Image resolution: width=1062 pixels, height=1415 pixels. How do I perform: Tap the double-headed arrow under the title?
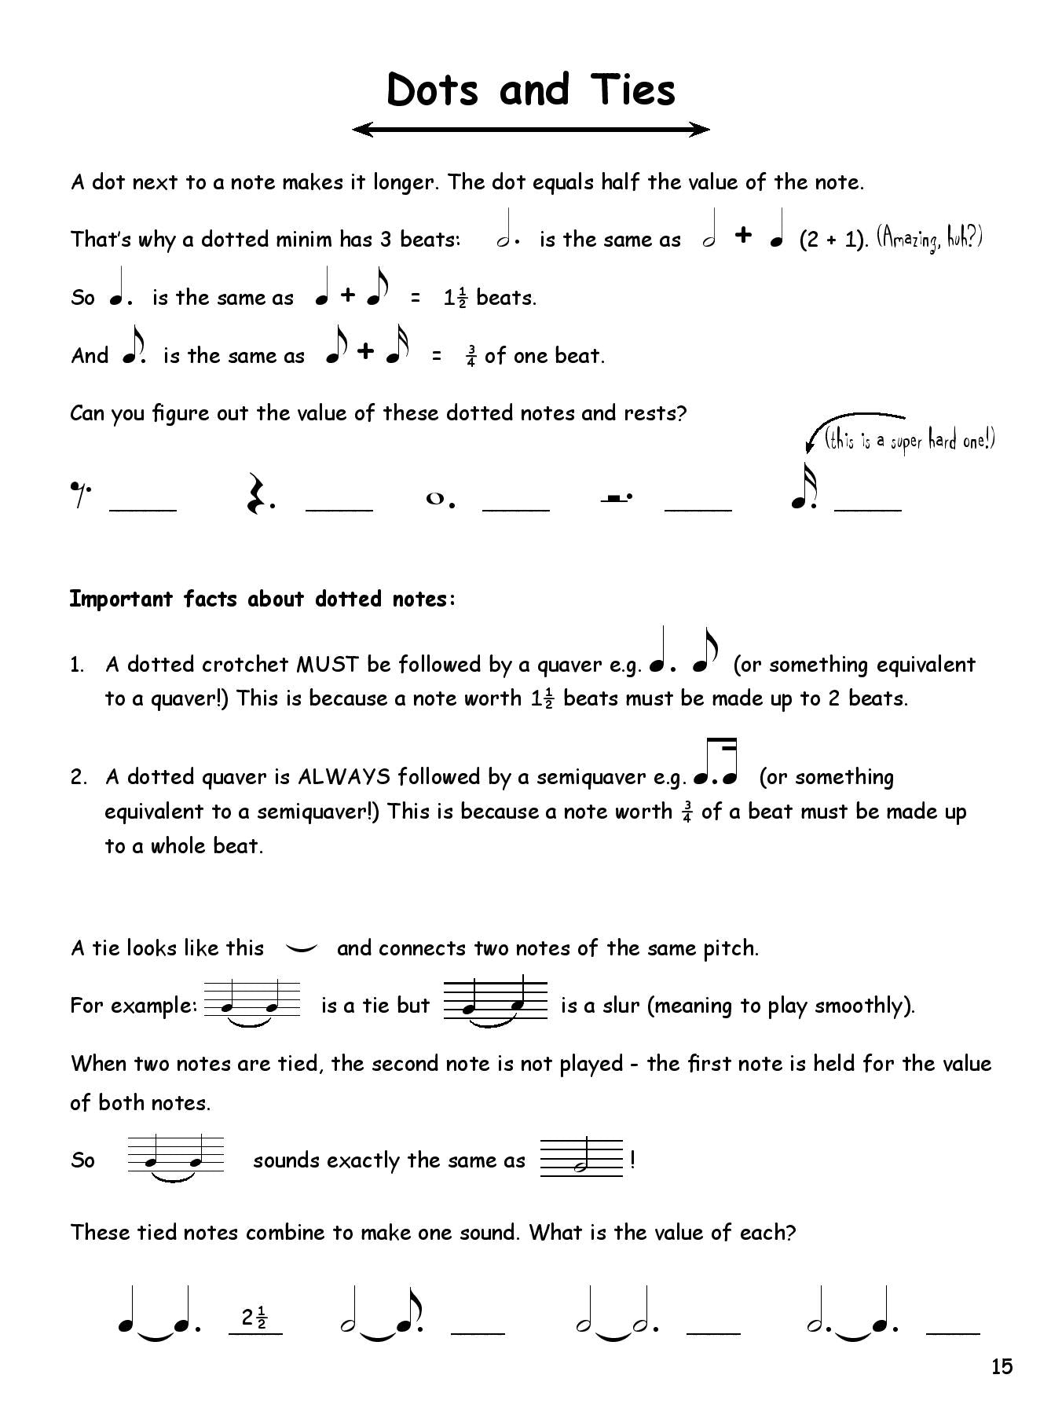531,130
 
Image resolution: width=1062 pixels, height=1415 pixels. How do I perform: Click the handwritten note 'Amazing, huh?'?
929,237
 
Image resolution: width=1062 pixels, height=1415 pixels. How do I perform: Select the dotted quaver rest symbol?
80,494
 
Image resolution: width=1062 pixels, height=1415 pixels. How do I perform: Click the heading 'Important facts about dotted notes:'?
262,599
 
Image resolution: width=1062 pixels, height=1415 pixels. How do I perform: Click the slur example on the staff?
495,1004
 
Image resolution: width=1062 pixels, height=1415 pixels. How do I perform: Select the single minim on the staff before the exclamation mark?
581,1160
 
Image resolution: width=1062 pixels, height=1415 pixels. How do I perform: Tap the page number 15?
1002,1367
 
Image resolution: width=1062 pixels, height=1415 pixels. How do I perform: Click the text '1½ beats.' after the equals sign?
489,298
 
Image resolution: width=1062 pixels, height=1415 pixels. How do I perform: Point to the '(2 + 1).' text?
833,240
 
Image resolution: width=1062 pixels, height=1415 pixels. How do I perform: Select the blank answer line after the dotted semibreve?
515,508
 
